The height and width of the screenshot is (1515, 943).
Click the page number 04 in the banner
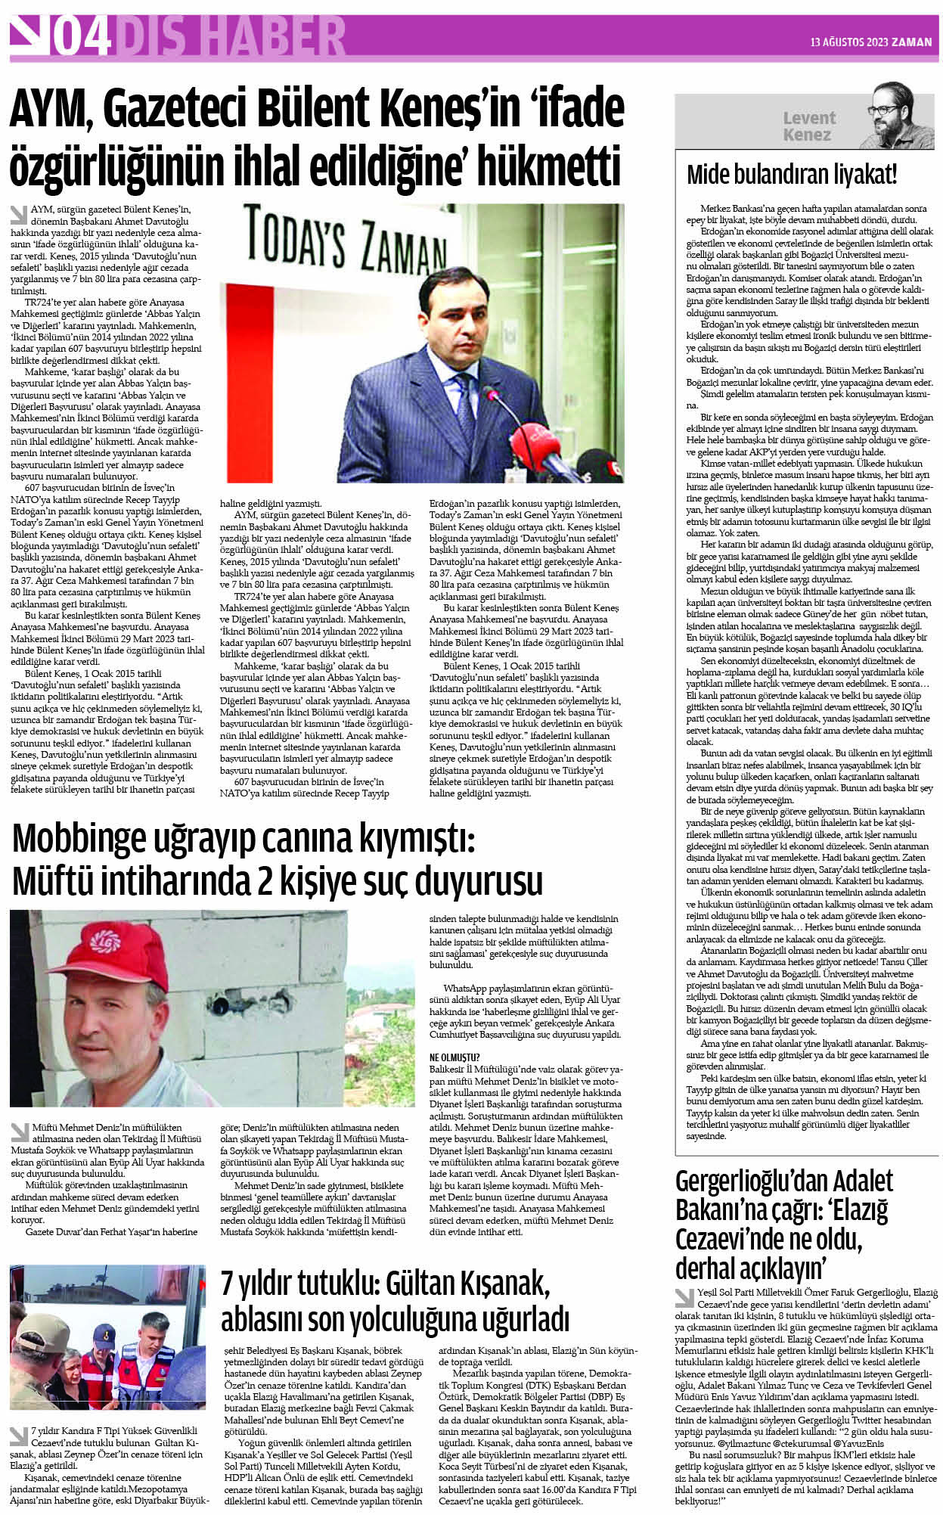coord(82,36)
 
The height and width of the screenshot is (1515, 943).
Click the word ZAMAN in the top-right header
coord(912,42)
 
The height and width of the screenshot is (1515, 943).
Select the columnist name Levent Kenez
coord(808,126)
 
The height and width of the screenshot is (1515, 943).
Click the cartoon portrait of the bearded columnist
coord(892,115)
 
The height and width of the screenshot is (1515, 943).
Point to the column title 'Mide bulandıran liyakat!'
coord(791,175)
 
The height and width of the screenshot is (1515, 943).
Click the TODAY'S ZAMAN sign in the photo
coord(346,244)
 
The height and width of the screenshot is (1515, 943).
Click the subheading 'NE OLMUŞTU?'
coord(454,1057)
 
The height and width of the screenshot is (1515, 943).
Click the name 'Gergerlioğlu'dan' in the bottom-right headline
coord(783,1181)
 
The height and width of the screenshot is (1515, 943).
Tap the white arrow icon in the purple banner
coord(29,35)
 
